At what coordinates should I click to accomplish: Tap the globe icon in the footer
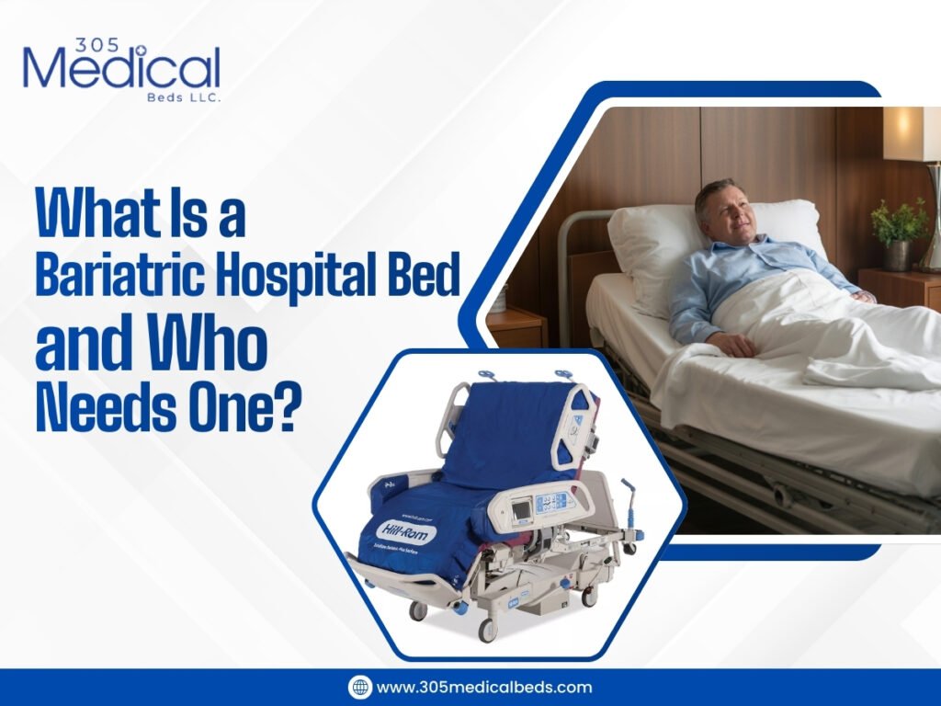pos(359,687)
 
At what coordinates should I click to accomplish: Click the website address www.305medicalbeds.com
pos(484,687)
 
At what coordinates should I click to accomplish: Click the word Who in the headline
pos(211,344)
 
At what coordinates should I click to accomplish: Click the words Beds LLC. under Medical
pos(188,96)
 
